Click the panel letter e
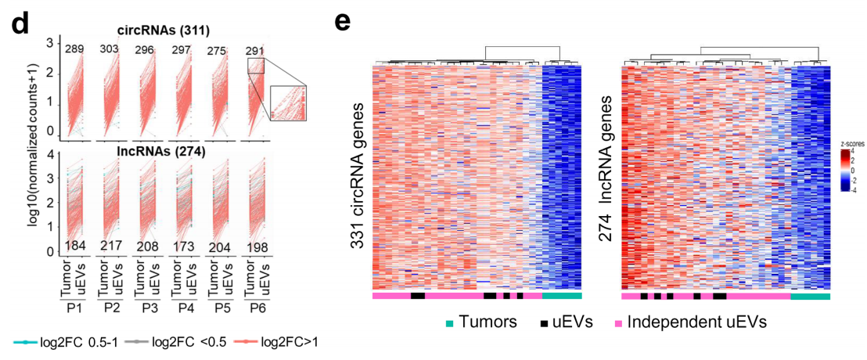tap(342, 21)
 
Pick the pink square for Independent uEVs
tap(617, 322)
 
